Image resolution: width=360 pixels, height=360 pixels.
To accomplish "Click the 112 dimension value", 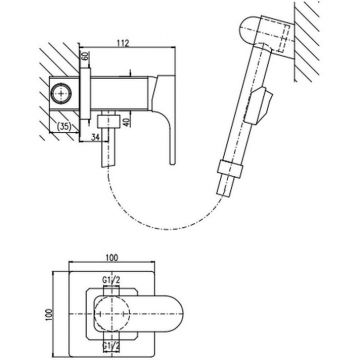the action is click(x=124, y=43).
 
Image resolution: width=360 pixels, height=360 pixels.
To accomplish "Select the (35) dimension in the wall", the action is click(x=64, y=126).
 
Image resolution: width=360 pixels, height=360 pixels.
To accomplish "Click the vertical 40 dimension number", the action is click(x=125, y=121).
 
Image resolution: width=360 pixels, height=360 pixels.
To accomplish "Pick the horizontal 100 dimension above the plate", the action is click(x=112, y=258).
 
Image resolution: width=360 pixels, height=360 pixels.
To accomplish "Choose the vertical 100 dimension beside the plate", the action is click(x=50, y=314).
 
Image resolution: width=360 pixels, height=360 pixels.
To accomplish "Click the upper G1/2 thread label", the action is click(x=111, y=281).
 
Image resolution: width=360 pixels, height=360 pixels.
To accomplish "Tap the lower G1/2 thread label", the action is click(x=111, y=345).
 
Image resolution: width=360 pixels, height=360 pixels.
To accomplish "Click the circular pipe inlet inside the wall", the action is click(x=61, y=93).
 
